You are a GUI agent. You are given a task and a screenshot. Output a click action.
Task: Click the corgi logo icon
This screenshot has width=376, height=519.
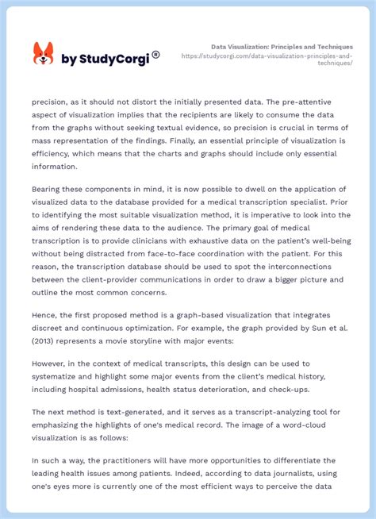click(x=43, y=54)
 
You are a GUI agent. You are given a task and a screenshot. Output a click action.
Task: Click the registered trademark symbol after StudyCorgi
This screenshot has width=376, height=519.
click(x=155, y=55)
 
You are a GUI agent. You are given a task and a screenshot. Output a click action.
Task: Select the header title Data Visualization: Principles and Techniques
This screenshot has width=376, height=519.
click(x=282, y=47)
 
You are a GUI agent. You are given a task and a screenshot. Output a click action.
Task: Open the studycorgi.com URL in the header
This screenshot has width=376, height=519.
click(x=267, y=60)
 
